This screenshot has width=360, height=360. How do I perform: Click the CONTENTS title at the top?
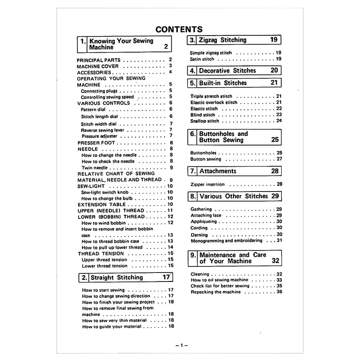(x=179, y=29)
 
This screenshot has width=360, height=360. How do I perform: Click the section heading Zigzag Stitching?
(x=222, y=40)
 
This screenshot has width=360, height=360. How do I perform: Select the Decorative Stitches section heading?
(x=228, y=71)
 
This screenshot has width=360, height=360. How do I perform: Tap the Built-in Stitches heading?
(x=223, y=83)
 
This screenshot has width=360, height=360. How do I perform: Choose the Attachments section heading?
(x=218, y=171)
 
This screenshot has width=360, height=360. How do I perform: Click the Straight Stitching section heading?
(x=117, y=278)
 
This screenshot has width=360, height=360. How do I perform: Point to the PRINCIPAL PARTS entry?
(x=99, y=60)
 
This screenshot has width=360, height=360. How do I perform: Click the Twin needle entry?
(x=94, y=168)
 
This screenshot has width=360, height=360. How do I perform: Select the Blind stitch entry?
(x=203, y=115)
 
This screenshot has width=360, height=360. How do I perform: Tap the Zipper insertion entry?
(x=207, y=184)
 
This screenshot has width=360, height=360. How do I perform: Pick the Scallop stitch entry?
(x=204, y=121)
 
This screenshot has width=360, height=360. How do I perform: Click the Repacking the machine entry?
(x=216, y=292)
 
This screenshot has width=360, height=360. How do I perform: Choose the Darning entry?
(x=199, y=235)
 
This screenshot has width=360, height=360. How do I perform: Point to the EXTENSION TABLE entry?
(x=102, y=204)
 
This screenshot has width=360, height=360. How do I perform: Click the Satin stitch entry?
(x=202, y=59)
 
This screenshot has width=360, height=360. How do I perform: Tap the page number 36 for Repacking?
(x=279, y=292)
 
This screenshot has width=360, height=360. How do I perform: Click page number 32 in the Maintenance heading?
(x=275, y=261)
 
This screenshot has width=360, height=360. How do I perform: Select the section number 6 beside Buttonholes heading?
(x=193, y=134)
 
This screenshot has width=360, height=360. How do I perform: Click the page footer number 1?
(x=182, y=345)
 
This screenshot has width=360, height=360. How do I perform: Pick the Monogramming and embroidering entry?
(x=226, y=241)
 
